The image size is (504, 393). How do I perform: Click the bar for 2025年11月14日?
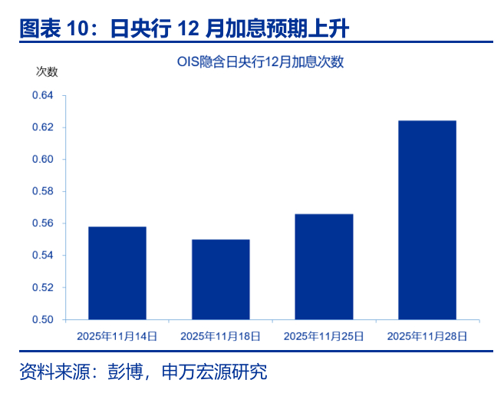click(117, 273)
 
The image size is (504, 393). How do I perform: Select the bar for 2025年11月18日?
click(221, 279)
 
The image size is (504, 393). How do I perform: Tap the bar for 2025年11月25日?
click(324, 266)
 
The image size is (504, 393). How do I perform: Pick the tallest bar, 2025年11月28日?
click(427, 220)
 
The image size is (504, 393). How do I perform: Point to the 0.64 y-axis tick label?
click(43, 95)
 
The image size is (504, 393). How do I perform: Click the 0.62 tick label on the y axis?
click(43, 127)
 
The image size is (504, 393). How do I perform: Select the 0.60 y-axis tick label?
click(43, 159)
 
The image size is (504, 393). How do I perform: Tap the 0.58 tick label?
click(43, 191)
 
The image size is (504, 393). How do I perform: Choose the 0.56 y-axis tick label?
click(43, 223)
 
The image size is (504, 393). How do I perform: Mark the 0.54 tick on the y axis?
click(43, 256)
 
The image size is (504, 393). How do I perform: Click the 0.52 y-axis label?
click(43, 287)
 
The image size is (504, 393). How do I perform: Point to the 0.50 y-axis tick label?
click(43, 319)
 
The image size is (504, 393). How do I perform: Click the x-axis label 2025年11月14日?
click(117, 336)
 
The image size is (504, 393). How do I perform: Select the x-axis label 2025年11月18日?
click(220, 336)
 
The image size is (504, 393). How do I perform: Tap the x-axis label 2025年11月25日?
click(324, 336)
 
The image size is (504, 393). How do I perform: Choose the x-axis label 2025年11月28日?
click(427, 336)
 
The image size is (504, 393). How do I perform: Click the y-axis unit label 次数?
click(47, 71)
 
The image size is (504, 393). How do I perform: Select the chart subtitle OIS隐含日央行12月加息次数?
click(260, 61)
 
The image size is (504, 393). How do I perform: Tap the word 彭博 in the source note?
click(125, 372)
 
